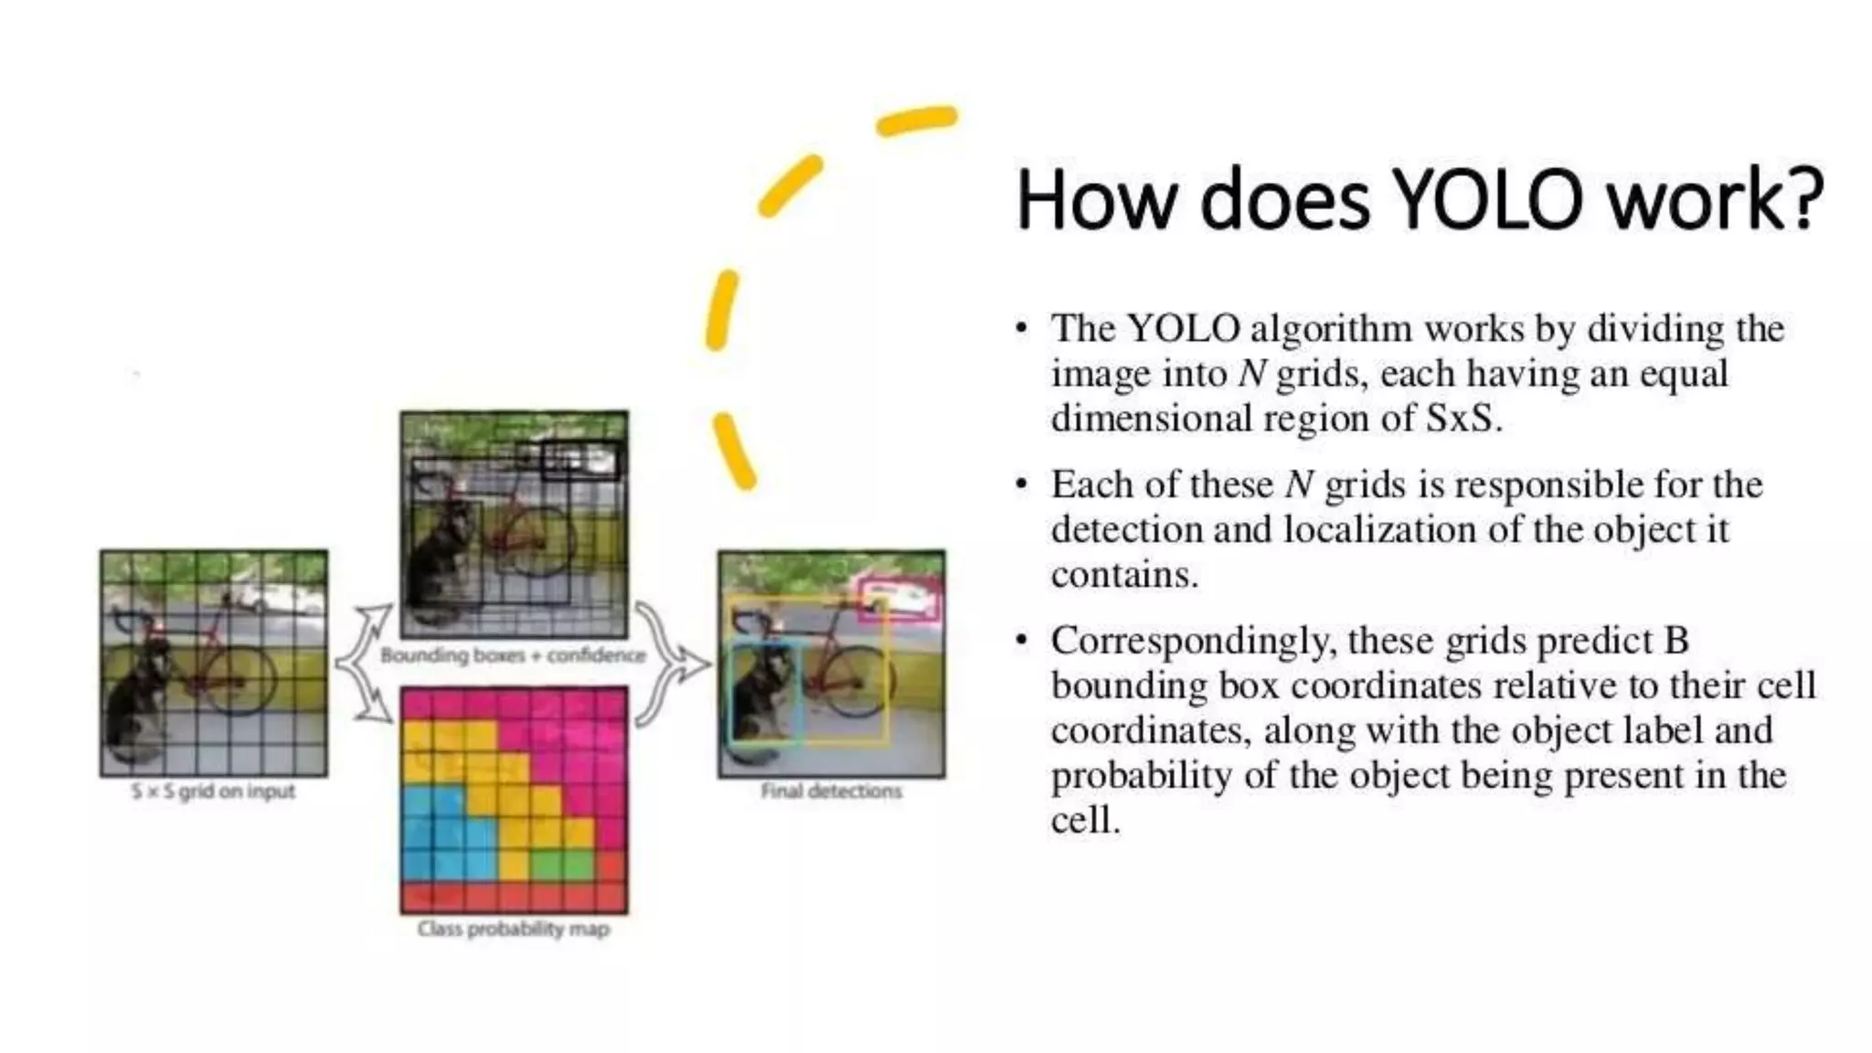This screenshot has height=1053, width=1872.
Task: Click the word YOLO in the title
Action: pyautogui.click(x=1489, y=199)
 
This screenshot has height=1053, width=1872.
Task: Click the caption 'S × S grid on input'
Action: pyautogui.click(x=213, y=792)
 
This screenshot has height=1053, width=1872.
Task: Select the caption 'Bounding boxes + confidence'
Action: pyautogui.click(x=513, y=655)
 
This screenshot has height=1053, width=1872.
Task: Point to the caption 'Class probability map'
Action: pyautogui.click(x=513, y=929)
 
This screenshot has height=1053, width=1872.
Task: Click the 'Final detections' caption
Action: pyautogui.click(x=831, y=792)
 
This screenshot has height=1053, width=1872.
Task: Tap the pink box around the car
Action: pyautogui.click(x=900, y=600)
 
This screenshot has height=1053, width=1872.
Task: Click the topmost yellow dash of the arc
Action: pyautogui.click(x=916, y=120)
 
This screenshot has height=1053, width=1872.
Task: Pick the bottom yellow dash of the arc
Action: pyautogui.click(x=734, y=451)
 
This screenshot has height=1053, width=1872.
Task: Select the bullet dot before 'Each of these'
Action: pyautogui.click(x=1022, y=484)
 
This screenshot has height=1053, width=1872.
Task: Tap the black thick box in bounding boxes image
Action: pyautogui.click(x=580, y=460)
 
